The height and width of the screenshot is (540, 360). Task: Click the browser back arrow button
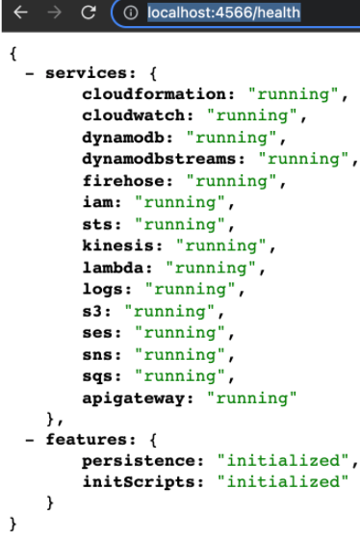tap(20, 13)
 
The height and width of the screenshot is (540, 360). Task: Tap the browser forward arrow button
tap(55, 13)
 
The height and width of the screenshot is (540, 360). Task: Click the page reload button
tap(89, 13)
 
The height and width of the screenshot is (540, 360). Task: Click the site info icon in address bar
tap(131, 13)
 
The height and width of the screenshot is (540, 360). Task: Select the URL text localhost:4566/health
tap(224, 13)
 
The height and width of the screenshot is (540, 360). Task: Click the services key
tap(87, 73)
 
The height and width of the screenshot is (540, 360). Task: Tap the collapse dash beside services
tap(30, 73)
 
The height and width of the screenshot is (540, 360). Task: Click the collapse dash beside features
tap(30, 440)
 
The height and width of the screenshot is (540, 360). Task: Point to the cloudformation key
tap(154, 94)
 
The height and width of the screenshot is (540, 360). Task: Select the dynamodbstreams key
tap(160, 159)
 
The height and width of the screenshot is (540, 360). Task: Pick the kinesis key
tap(118, 245)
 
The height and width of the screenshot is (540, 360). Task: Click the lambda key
tap(113, 268)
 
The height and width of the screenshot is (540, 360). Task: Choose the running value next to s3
tap(169, 312)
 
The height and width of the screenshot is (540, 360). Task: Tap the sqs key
tap(97, 376)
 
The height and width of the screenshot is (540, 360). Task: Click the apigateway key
tap(134, 399)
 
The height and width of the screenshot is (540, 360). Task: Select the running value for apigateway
tap(252, 399)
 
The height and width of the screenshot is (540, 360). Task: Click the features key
tap(87, 440)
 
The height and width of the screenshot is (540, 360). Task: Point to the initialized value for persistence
tap(283, 461)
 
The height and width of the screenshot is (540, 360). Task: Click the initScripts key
tap(139, 482)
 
